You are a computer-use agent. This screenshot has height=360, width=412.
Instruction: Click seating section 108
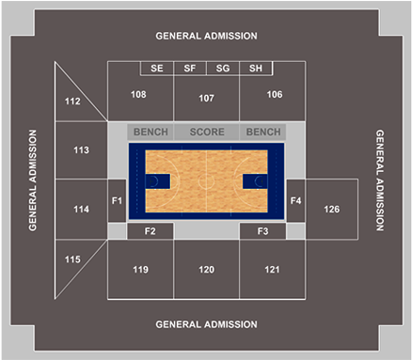[x=138, y=95]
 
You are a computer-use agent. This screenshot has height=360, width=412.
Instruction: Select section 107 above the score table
[x=207, y=98]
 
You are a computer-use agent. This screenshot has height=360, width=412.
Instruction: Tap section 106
[x=274, y=95]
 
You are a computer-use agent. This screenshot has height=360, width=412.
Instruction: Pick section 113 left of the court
[x=81, y=150]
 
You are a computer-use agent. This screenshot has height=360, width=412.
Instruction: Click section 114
[x=81, y=210]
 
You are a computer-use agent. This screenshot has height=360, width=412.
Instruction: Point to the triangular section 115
[x=73, y=258]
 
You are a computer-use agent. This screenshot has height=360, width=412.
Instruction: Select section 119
[x=140, y=270]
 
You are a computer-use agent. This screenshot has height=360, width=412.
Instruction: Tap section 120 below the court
[x=207, y=270]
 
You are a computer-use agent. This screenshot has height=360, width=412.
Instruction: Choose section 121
[x=272, y=270]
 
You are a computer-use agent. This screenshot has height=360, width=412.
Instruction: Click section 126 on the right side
[x=331, y=209]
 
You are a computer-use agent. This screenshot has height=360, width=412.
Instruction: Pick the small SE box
[x=156, y=68]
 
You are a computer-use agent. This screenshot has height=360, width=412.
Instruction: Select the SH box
[x=256, y=68]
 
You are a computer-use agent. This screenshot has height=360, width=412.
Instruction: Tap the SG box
[x=223, y=68]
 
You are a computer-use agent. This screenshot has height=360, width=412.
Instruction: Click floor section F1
[x=117, y=200]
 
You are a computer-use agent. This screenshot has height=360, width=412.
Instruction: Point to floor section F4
[x=295, y=200]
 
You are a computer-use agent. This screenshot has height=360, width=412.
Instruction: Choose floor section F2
[x=149, y=230]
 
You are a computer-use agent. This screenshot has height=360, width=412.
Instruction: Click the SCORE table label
[x=207, y=133]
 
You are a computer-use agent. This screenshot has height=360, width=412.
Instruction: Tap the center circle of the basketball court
[x=207, y=181]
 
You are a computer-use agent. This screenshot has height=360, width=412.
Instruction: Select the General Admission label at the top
[x=206, y=36]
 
